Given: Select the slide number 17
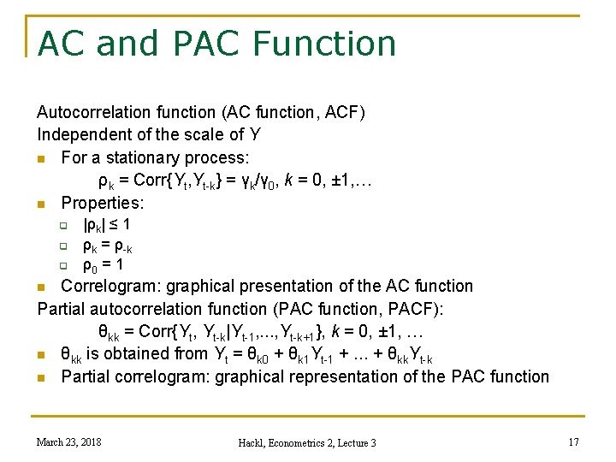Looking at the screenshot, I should tap(572, 441).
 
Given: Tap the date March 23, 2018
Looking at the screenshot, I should tap(68, 441).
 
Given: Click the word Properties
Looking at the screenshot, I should tap(102, 203).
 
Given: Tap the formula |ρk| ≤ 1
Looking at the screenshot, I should tap(106, 225).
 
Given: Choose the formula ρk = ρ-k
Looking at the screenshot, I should tap(107, 246).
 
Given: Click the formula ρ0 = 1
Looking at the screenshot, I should tap(104, 266).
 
